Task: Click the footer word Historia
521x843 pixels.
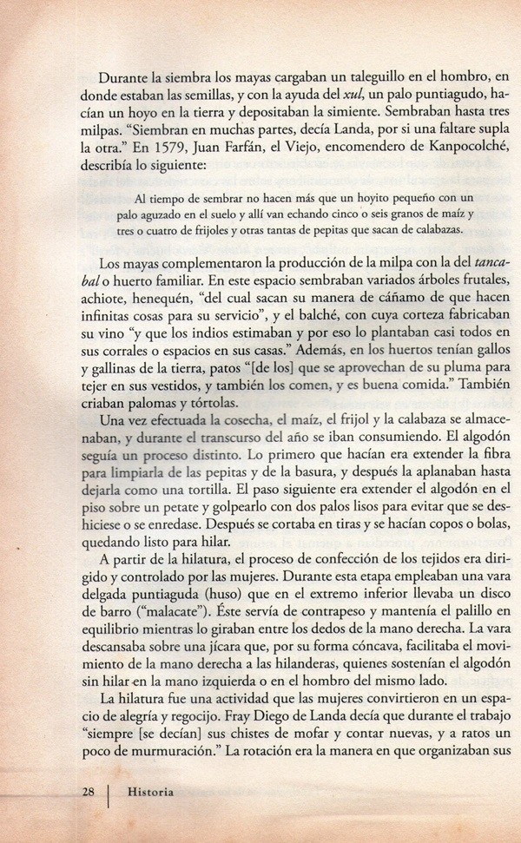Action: [149, 791]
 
